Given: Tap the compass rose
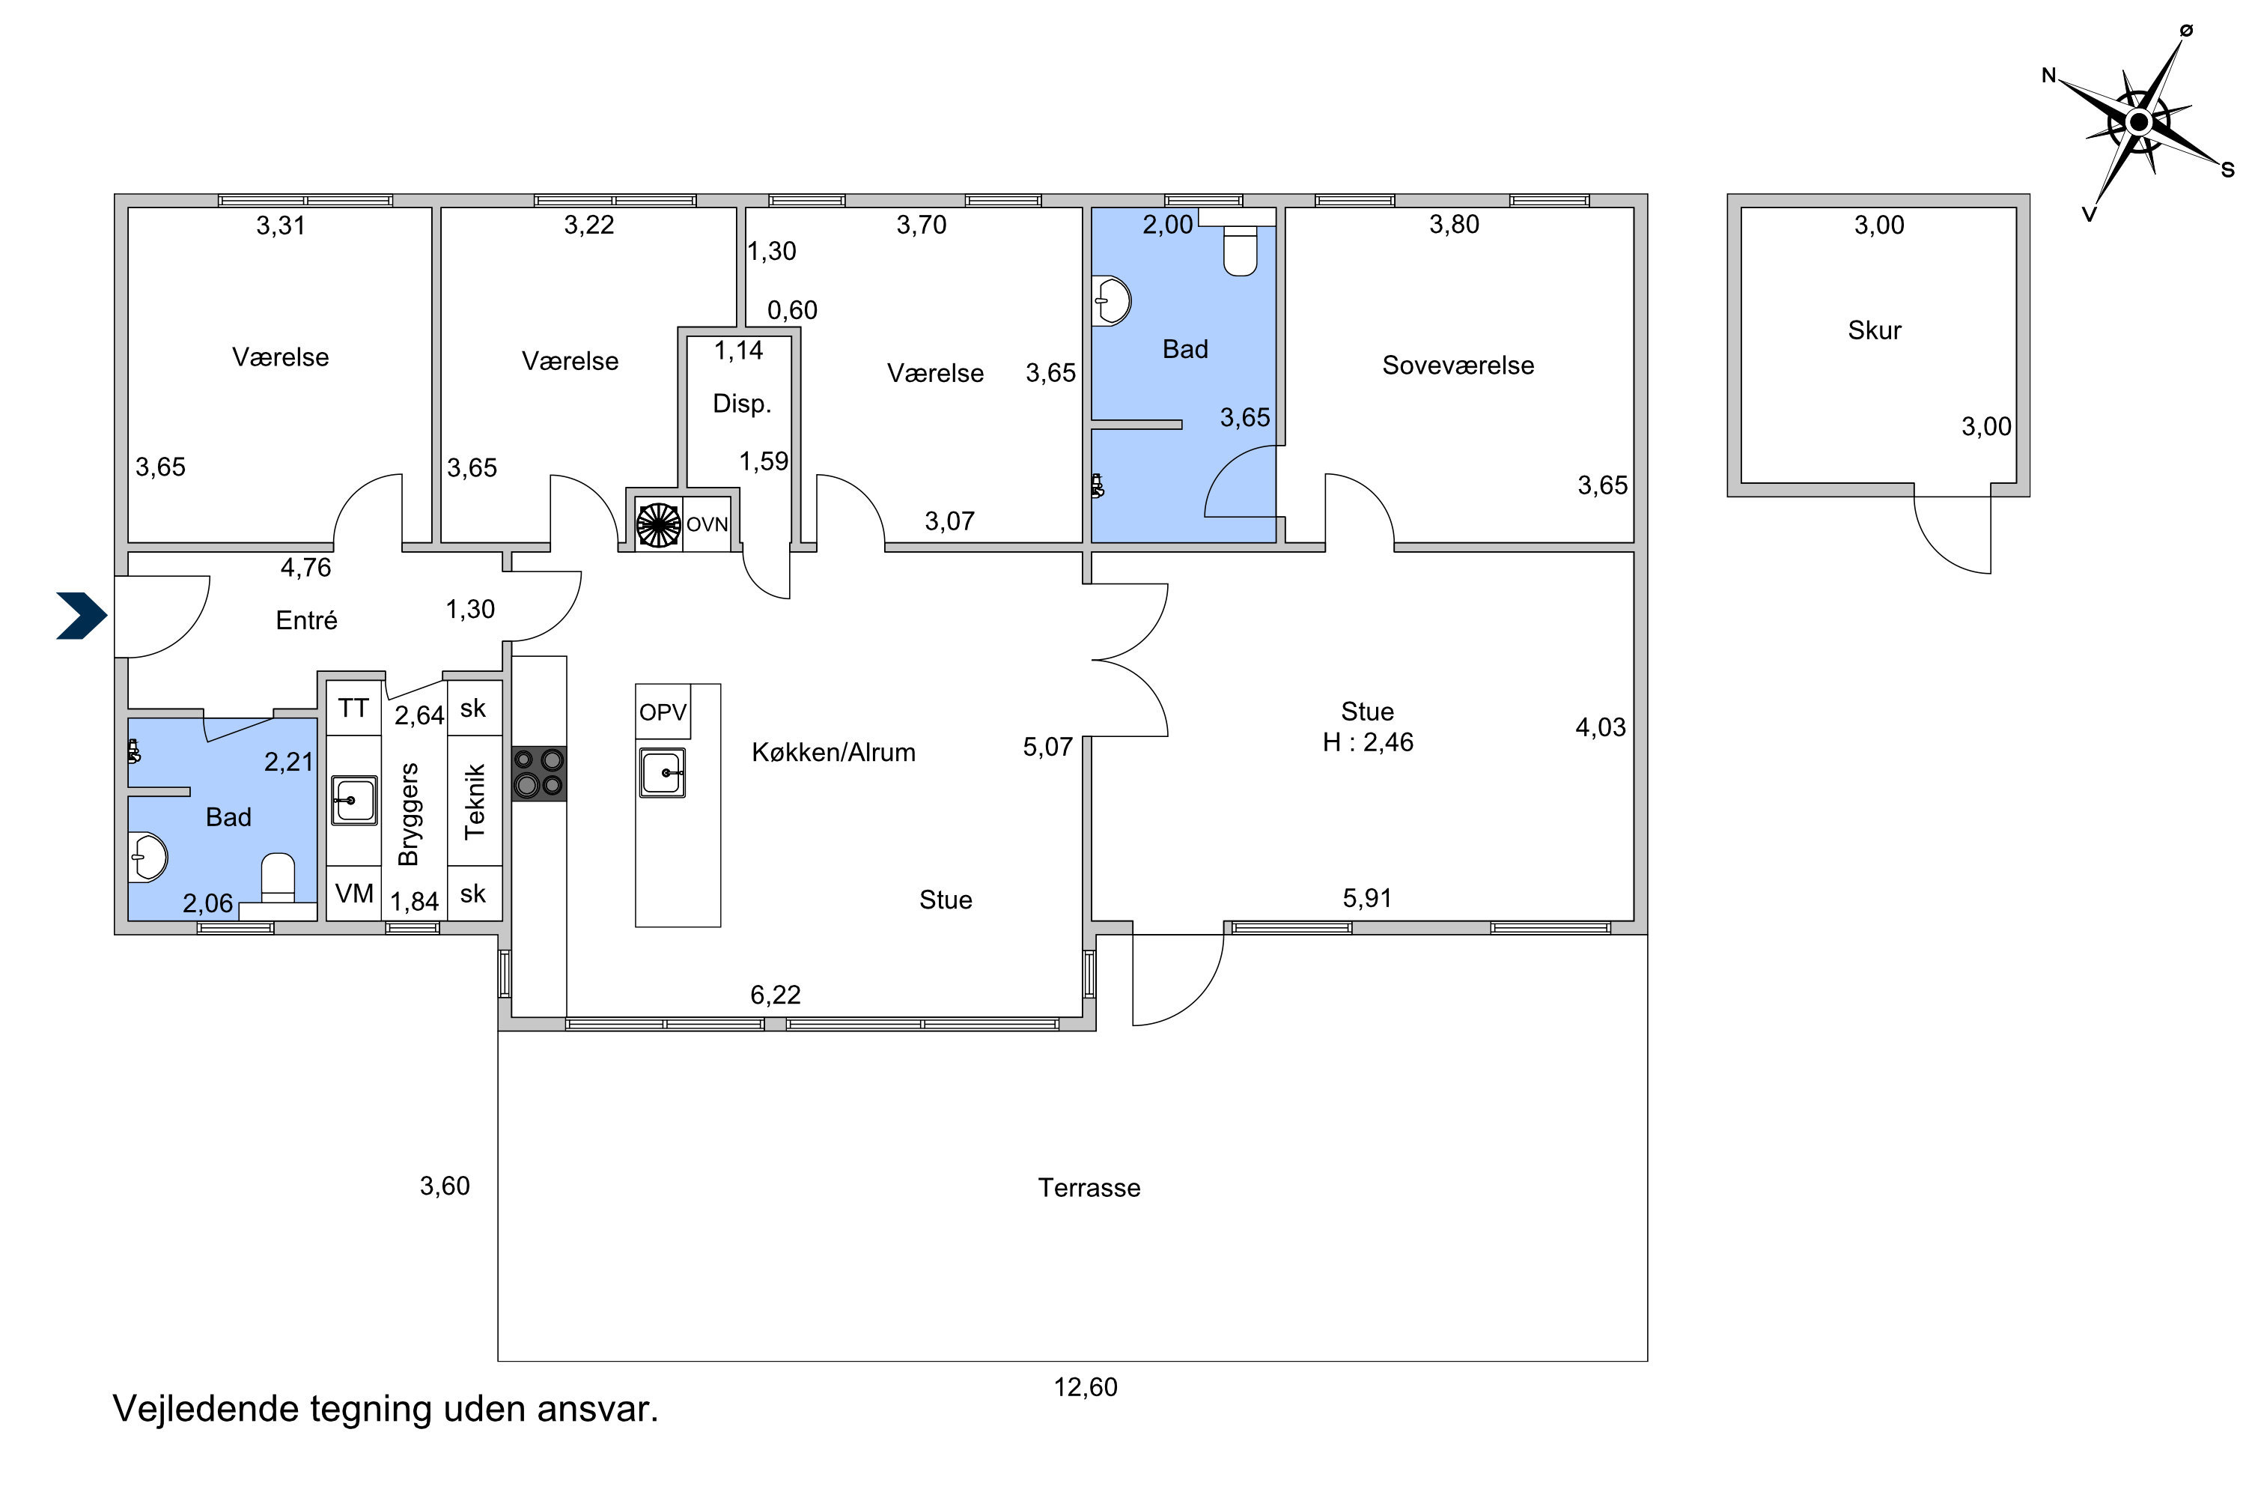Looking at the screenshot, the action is coord(2140,122).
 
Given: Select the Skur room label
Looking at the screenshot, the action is coord(1875,330).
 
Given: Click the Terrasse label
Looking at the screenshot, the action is coord(1089,1187).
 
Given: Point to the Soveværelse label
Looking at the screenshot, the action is coord(1458,365).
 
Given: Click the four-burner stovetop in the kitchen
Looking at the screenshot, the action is coord(540,774).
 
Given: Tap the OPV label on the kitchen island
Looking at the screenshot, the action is coord(663,712).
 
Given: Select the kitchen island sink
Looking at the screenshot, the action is coord(663,773).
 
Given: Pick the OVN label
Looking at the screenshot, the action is coord(707,524).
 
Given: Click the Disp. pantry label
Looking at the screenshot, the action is coord(742,403).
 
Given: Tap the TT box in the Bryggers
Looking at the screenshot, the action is coord(353,708).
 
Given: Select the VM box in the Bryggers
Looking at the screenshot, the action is coord(354,894).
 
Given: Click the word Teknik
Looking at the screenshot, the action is coord(475,801).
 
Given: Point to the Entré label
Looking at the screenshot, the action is coord(306,620).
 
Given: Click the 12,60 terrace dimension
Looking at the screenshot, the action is coord(1086,1387).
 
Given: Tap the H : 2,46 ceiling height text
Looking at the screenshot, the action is coord(1368,742).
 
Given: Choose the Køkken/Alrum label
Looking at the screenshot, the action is coord(834,753).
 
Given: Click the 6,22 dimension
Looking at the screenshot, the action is coord(776,995).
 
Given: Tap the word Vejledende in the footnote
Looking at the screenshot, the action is coord(205,1409).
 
